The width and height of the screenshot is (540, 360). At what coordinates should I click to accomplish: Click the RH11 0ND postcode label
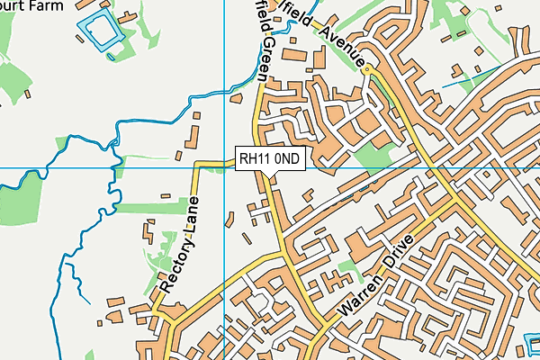[271, 159]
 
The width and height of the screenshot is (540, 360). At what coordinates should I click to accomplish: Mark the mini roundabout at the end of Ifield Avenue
[369, 70]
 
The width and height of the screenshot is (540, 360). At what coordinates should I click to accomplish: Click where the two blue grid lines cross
[223, 167]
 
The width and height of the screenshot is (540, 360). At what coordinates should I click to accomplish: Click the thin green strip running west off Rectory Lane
[148, 208]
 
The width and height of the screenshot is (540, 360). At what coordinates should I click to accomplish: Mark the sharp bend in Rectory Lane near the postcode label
[199, 166]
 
